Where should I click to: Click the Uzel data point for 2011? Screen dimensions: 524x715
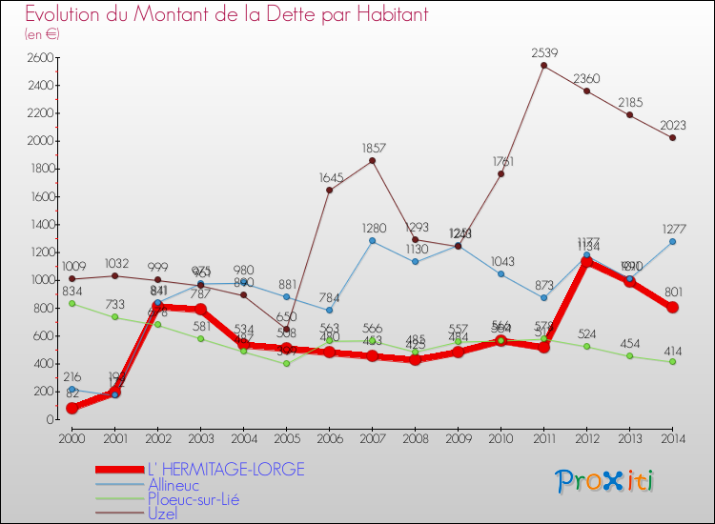[x=543, y=66]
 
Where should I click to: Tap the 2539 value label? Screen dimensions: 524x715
[x=543, y=51]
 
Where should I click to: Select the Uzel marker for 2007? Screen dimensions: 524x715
[x=372, y=160]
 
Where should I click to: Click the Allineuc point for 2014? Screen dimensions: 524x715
[x=672, y=241]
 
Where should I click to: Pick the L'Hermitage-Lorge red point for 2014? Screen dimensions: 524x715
[x=672, y=308]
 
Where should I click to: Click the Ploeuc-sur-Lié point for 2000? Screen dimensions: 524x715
[x=71, y=303]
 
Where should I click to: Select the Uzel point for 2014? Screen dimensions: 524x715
[x=672, y=137]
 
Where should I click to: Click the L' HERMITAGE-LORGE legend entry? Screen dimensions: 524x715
[x=226, y=469]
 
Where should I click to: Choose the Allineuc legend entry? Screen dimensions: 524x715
[x=174, y=484]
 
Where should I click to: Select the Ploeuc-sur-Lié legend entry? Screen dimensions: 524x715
[x=194, y=498]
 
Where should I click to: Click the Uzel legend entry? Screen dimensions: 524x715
[x=164, y=514]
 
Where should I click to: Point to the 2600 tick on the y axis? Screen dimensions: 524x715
[x=38, y=58]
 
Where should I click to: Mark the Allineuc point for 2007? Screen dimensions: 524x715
[x=372, y=241]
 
